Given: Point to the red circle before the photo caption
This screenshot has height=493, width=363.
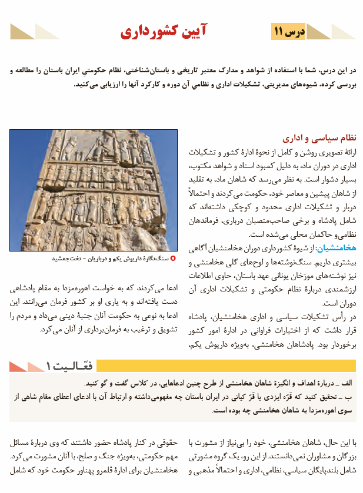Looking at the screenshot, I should coord(172,258).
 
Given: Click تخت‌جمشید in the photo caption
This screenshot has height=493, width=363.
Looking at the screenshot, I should coord(65,258).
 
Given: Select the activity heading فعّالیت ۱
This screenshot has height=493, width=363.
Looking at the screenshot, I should coord(65,366).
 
